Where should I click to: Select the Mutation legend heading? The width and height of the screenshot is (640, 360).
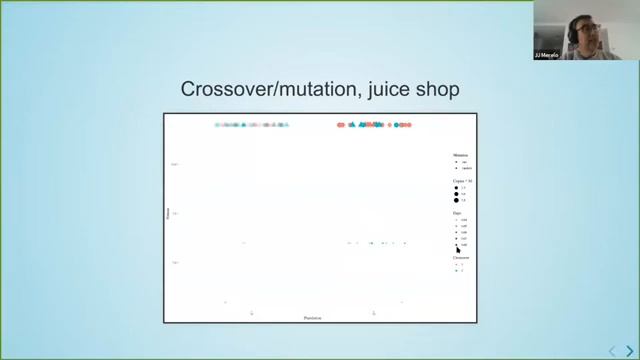[x=460, y=156]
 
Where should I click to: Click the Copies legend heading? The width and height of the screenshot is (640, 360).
[x=461, y=181]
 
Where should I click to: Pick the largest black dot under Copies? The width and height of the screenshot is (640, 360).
[x=456, y=200]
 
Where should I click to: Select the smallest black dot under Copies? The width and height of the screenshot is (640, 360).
[x=456, y=188]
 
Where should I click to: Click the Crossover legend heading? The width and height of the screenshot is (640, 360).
[x=461, y=257]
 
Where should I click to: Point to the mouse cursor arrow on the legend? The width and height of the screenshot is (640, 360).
[x=458, y=250]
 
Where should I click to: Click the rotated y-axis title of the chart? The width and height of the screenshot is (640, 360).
[x=168, y=212]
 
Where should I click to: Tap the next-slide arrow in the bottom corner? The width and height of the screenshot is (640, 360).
[x=630, y=350]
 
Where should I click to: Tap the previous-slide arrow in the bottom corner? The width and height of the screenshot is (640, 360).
[x=613, y=350]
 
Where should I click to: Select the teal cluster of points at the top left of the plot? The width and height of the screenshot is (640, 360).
[x=251, y=125]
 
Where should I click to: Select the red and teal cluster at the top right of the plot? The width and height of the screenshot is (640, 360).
[x=374, y=125]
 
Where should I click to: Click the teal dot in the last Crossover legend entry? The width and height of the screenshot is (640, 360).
[x=456, y=270]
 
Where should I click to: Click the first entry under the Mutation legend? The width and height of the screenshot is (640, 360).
[x=460, y=162]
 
